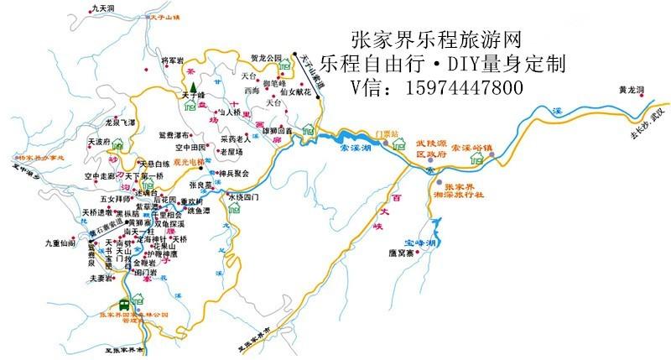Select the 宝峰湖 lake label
(x=419, y=243)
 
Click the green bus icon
(x=124, y=304)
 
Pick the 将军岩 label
(x=172, y=61)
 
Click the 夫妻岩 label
(x=101, y=277)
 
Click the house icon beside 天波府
(x=118, y=143)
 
